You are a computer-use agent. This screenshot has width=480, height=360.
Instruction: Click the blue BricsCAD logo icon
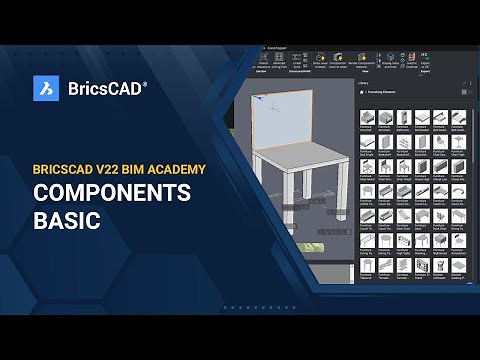click(x=45, y=88)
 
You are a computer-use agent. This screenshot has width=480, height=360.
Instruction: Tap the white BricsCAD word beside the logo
click(x=103, y=88)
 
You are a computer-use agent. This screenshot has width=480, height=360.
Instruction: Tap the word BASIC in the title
click(x=67, y=221)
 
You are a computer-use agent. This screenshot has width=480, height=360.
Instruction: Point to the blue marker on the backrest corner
click(x=257, y=101)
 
